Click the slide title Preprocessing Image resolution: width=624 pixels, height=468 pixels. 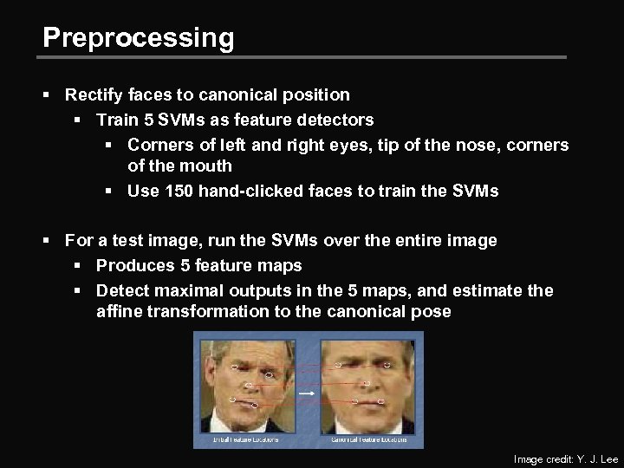click(x=138, y=37)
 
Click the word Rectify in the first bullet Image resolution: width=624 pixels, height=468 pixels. click(x=92, y=94)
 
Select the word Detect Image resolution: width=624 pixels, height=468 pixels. click(x=121, y=290)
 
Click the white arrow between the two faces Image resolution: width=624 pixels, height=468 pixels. click(x=307, y=394)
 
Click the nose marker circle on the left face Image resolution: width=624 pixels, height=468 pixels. click(x=249, y=385)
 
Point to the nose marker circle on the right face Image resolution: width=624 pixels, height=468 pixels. click(x=367, y=383)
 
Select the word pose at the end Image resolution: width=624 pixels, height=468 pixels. click(x=431, y=311)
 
